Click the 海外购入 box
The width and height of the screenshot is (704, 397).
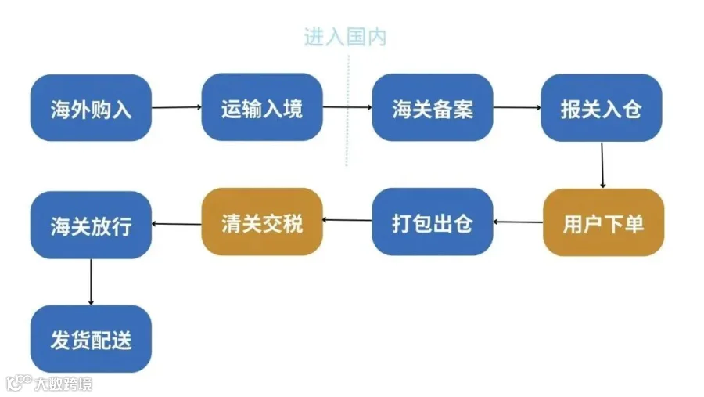pos(91,108)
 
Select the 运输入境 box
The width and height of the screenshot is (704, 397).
pos(262,107)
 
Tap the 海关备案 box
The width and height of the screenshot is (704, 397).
pos(433,107)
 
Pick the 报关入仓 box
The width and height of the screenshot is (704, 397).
pos(602,108)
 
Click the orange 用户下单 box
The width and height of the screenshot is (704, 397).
pos(603,222)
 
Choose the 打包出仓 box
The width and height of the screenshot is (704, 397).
pos(433,222)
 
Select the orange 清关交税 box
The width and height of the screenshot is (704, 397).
pos(262,222)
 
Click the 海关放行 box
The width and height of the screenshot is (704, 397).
pos(91,225)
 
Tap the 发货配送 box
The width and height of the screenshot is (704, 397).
pos(91,338)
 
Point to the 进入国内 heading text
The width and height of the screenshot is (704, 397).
pos(345,37)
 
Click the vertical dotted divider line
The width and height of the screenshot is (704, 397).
pos(347,110)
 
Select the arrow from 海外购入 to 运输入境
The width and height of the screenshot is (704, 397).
pos(177,107)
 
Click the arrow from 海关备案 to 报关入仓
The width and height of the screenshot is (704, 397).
pos(517,107)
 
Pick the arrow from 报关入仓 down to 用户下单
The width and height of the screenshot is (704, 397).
pos(602,165)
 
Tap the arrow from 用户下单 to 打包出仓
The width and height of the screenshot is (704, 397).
pos(518,222)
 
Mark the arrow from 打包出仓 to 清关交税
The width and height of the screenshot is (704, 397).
pos(347,220)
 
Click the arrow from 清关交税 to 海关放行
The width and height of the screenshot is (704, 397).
pos(177,223)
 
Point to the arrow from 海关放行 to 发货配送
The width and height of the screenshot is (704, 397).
pos(92,282)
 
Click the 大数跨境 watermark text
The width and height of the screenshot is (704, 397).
pos(63,384)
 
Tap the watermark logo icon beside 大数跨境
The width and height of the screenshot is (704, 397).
pos(19,383)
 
